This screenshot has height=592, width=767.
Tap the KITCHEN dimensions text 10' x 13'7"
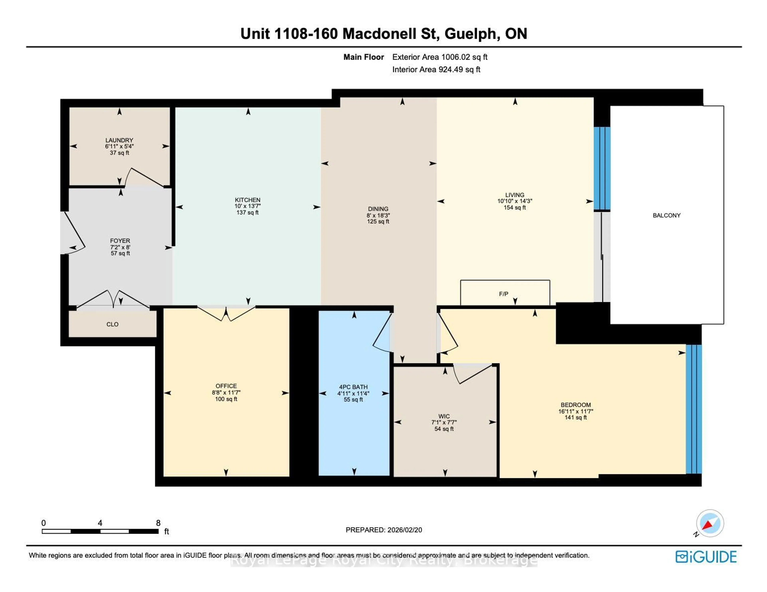248,206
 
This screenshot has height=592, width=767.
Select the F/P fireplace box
505,293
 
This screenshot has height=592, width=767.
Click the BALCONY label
666,215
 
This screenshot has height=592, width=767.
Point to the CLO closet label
112,324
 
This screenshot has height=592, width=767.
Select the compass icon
709,523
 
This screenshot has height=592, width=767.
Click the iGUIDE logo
706,557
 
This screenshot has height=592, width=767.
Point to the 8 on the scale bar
158,523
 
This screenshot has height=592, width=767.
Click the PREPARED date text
383,530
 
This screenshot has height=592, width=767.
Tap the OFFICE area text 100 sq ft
226,399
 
